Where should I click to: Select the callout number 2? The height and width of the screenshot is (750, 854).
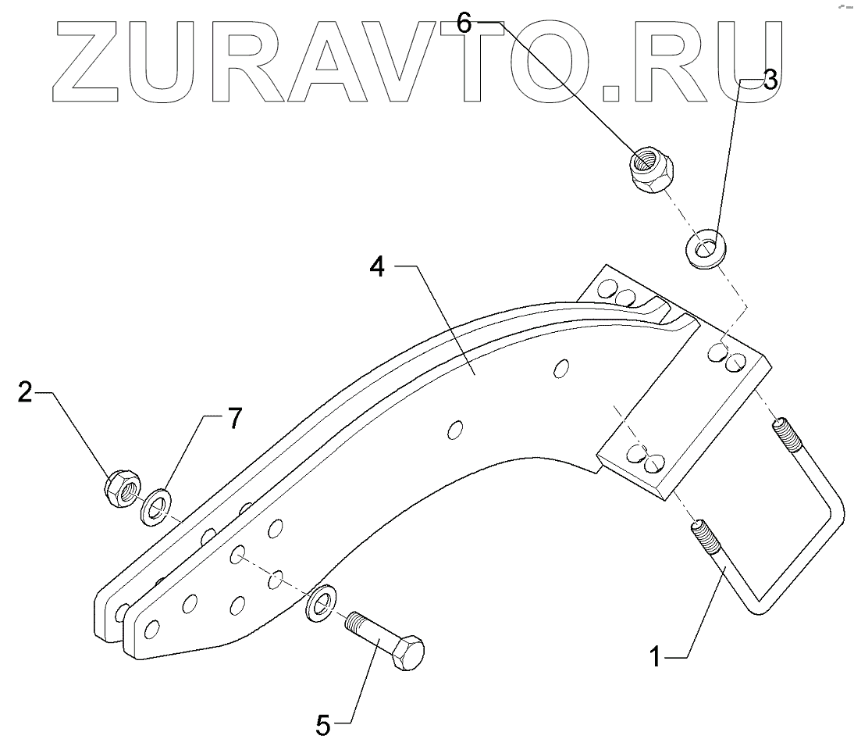[26, 392]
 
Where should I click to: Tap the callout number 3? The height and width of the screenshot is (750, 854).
[770, 80]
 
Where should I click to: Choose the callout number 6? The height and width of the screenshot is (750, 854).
[464, 23]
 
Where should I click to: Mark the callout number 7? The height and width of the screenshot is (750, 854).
[235, 420]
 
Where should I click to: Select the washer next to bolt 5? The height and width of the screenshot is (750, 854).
[319, 602]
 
